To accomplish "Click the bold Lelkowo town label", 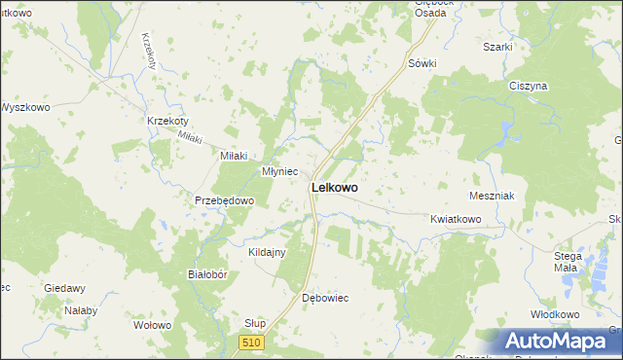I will tap(333, 187).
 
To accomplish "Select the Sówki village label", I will tap(422, 63).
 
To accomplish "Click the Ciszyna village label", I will tap(529, 86).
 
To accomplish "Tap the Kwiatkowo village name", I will tap(456, 220).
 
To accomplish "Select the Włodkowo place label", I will tap(555, 314).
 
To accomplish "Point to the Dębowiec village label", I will tap(325, 297).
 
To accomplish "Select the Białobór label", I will tap(206, 274).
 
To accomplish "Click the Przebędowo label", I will tap(224, 200).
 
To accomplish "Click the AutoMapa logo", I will tap(560, 341).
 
